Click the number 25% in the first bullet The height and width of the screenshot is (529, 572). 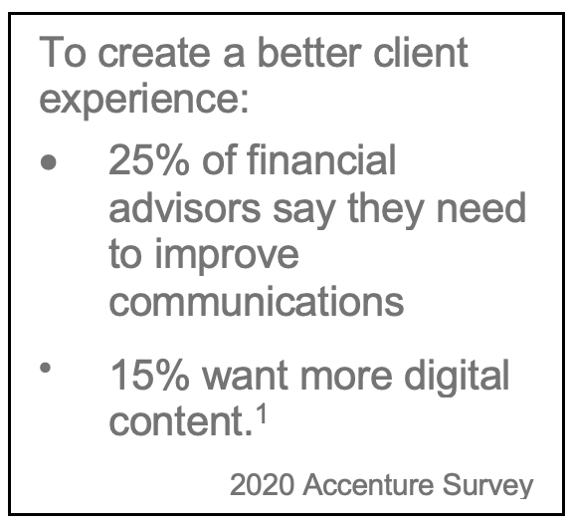click(x=149, y=159)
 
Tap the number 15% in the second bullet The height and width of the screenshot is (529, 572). click(x=149, y=375)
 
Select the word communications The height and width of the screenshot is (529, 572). click(x=257, y=302)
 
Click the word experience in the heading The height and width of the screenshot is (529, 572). click(x=139, y=101)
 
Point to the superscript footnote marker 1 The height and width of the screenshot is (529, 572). click(x=262, y=414)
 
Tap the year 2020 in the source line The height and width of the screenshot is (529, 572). click(x=262, y=485)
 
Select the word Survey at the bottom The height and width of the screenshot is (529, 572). click(x=488, y=486)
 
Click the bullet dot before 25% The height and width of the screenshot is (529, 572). click(x=49, y=162)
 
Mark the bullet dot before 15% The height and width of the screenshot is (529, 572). click(x=45, y=368)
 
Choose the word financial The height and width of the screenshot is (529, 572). click(x=321, y=159)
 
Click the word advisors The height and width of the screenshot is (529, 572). click(x=185, y=207)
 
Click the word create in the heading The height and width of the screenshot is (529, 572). click(x=154, y=54)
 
